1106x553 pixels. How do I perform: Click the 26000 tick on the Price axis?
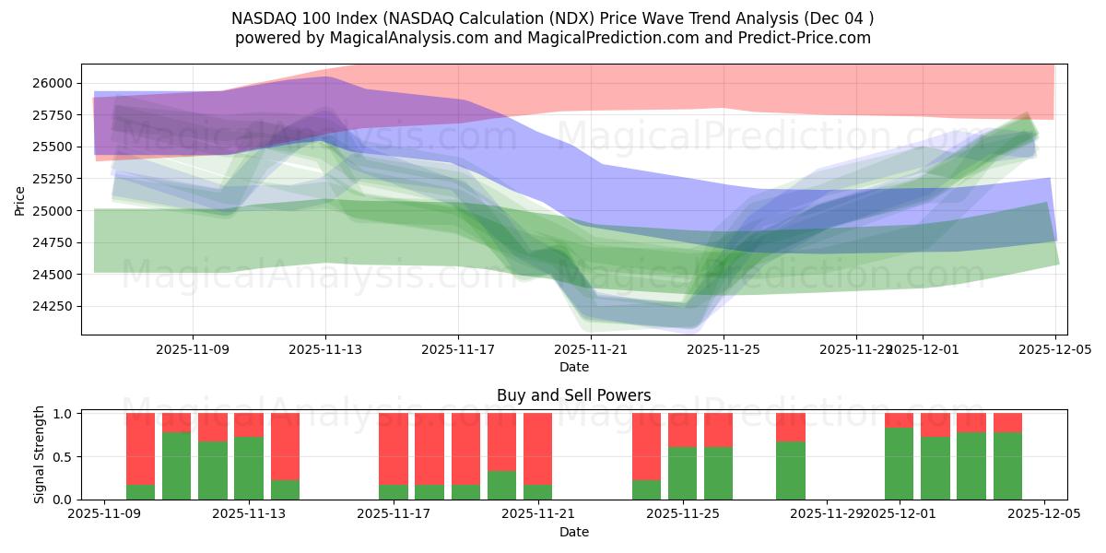click(53, 83)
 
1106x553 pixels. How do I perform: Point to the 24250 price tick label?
click(53, 306)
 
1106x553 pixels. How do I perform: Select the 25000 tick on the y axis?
click(53, 211)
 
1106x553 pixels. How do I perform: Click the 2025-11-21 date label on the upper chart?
click(591, 350)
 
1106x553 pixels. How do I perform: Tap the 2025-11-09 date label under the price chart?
click(193, 350)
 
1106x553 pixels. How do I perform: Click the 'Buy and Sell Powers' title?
click(573, 395)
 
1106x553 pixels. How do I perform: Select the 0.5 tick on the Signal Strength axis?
click(64, 457)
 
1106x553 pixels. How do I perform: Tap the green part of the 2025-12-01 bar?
click(899, 464)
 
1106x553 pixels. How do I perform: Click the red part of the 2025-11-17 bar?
click(394, 449)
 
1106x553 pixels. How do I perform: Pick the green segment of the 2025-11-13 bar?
click(249, 468)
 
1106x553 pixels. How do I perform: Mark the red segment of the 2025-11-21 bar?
click(538, 449)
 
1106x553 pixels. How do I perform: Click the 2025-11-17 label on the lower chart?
click(394, 514)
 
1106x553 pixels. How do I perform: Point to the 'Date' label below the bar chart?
click(573, 532)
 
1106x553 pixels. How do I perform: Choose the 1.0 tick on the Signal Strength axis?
click(64, 414)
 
